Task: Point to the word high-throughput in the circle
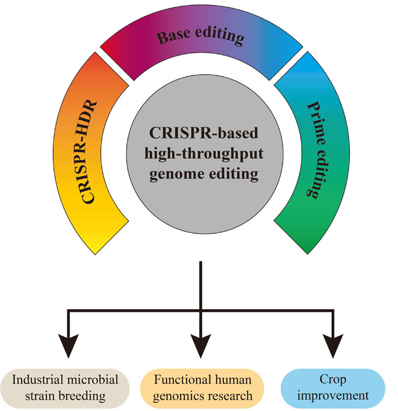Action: pyautogui.click(x=201, y=154)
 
